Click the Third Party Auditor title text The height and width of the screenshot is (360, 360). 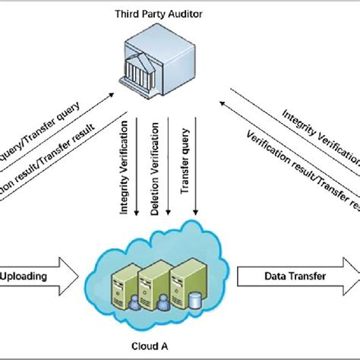coord(157,14)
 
